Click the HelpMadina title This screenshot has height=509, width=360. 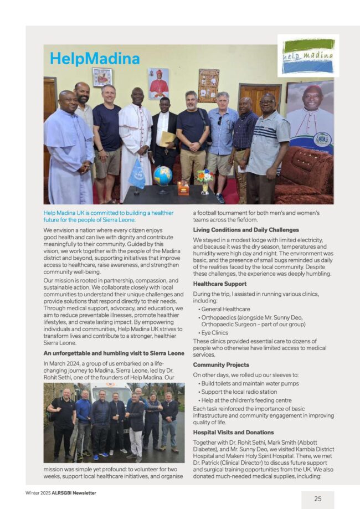coord(94,58)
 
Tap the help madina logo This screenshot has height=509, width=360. coord(308,56)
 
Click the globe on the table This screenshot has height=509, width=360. coord(162,176)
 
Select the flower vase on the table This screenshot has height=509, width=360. coord(204,181)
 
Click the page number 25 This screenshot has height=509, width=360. coord(317,498)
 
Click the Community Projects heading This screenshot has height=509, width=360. coord(221,364)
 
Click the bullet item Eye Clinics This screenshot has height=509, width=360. coord(214,332)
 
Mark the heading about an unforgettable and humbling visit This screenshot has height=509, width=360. coord(114,353)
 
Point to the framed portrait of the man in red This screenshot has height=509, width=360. coord(158,84)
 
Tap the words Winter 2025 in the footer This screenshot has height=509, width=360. coord(38,492)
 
